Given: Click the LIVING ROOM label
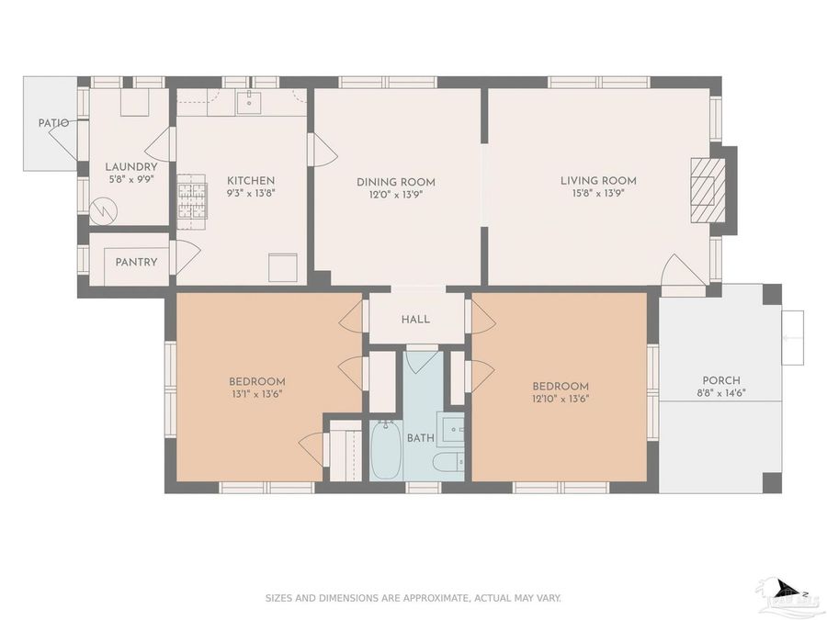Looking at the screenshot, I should (x=598, y=181).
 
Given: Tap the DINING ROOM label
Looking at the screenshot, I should (x=396, y=182).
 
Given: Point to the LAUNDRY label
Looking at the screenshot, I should (x=130, y=167).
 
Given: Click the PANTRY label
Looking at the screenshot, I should (x=136, y=262).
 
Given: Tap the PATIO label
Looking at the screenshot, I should (x=53, y=123).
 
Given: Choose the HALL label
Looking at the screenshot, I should (x=415, y=320).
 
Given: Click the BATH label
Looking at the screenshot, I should (x=420, y=438).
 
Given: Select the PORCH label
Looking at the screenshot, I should (x=721, y=380).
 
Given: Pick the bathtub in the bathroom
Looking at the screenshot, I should (x=386, y=450).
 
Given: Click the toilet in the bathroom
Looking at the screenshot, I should (x=449, y=462).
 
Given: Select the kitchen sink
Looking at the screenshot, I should (x=249, y=103).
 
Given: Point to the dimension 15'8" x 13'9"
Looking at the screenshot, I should (x=598, y=194).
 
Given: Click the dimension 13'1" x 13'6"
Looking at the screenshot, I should (x=256, y=395).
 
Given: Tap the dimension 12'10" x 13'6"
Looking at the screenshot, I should (x=560, y=399).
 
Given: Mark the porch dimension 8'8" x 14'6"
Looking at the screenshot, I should (x=721, y=393).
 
